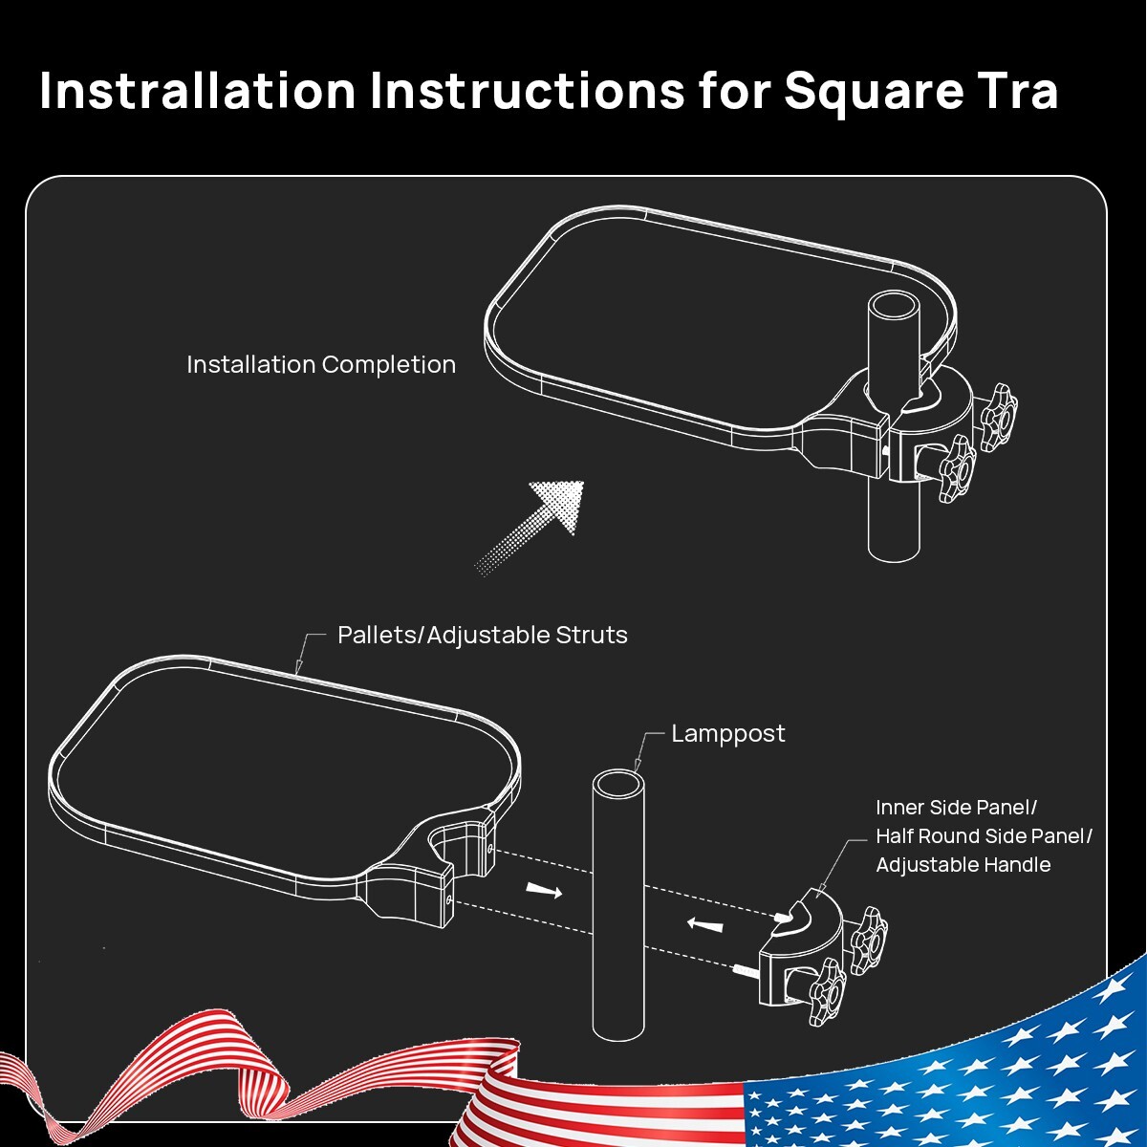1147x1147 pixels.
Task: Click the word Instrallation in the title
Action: [198, 91]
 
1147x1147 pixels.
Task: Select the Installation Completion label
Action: [321, 364]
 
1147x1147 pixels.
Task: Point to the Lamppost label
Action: [728, 734]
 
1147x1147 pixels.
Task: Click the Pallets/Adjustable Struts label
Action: [482, 635]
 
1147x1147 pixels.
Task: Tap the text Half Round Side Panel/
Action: [984, 836]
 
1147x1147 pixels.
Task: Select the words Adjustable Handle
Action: [963, 865]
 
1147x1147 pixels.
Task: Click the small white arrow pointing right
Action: [544, 891]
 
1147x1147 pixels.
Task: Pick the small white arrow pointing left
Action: [704, 924]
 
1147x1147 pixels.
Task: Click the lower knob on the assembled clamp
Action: [958, 468]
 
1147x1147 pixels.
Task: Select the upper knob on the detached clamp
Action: [869, 941]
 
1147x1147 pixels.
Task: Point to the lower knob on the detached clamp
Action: [828, 991]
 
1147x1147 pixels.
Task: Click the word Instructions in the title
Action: [528, 91]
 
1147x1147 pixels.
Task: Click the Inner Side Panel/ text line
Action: [957, 808]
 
